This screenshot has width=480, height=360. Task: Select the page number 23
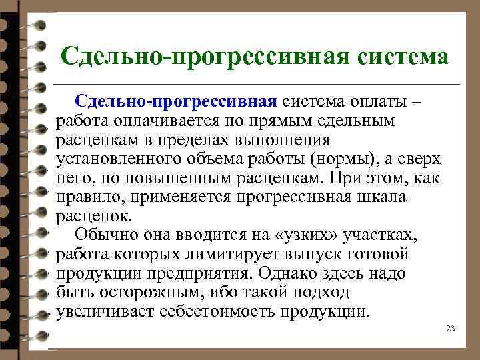(x=450, y=329)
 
